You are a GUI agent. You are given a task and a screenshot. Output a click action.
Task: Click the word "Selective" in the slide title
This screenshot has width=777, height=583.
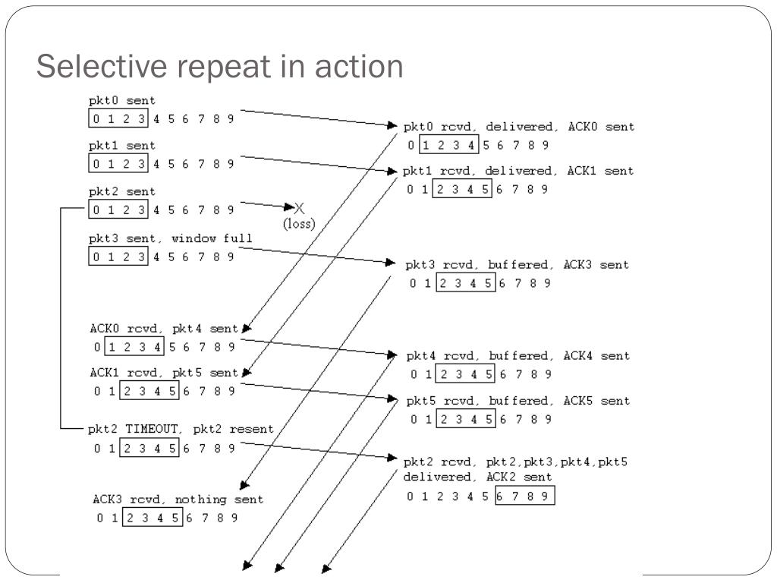pyautogui.click(x=102, y=67)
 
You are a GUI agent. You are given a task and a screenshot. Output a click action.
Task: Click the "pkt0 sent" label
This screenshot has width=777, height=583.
pyautogui.click(x=121, y=100)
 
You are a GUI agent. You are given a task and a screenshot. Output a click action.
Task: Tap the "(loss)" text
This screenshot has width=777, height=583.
pyautogui.click(x=299, y=224)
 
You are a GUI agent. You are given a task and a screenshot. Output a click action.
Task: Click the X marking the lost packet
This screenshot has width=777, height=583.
pyautogui.click(x=299, y=208)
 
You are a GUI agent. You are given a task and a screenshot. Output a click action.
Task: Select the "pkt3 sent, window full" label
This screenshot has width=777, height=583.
pyautogui.click(x=171, y=238)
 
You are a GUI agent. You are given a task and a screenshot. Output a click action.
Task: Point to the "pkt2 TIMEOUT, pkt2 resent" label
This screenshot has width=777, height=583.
pyautogui.click(x=181, y=429)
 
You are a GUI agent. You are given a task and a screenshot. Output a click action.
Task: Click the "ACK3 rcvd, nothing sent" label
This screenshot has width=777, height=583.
pyautogui.click(x=178, y=499)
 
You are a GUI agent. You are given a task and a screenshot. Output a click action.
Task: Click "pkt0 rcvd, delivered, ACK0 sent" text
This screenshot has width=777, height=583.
pyautogui.click(x=518, y=127)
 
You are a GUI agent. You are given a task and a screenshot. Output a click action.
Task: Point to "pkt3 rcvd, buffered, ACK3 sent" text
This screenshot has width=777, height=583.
pyautogui.click(x=517, y=265)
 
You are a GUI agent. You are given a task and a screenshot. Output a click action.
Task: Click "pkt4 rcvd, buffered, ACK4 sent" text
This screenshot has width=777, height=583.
pyautogui.click(x=517, y=355)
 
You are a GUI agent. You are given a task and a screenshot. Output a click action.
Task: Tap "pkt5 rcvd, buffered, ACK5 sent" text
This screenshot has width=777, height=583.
pyautogui.click(x=517, y=400)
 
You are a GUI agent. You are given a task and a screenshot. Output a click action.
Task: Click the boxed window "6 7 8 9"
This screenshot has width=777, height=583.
pyautogui.click(x=524, y=497)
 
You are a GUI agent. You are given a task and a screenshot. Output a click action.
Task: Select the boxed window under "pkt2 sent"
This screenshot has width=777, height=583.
pyautogui.click(x=119, y=210)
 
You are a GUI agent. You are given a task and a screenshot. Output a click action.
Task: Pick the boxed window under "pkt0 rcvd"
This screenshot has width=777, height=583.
pyautogui.click(x=448, y=146)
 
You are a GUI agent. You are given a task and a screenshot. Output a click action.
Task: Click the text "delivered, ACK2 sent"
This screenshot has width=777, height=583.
pyautogui.click(x=477, y=477)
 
